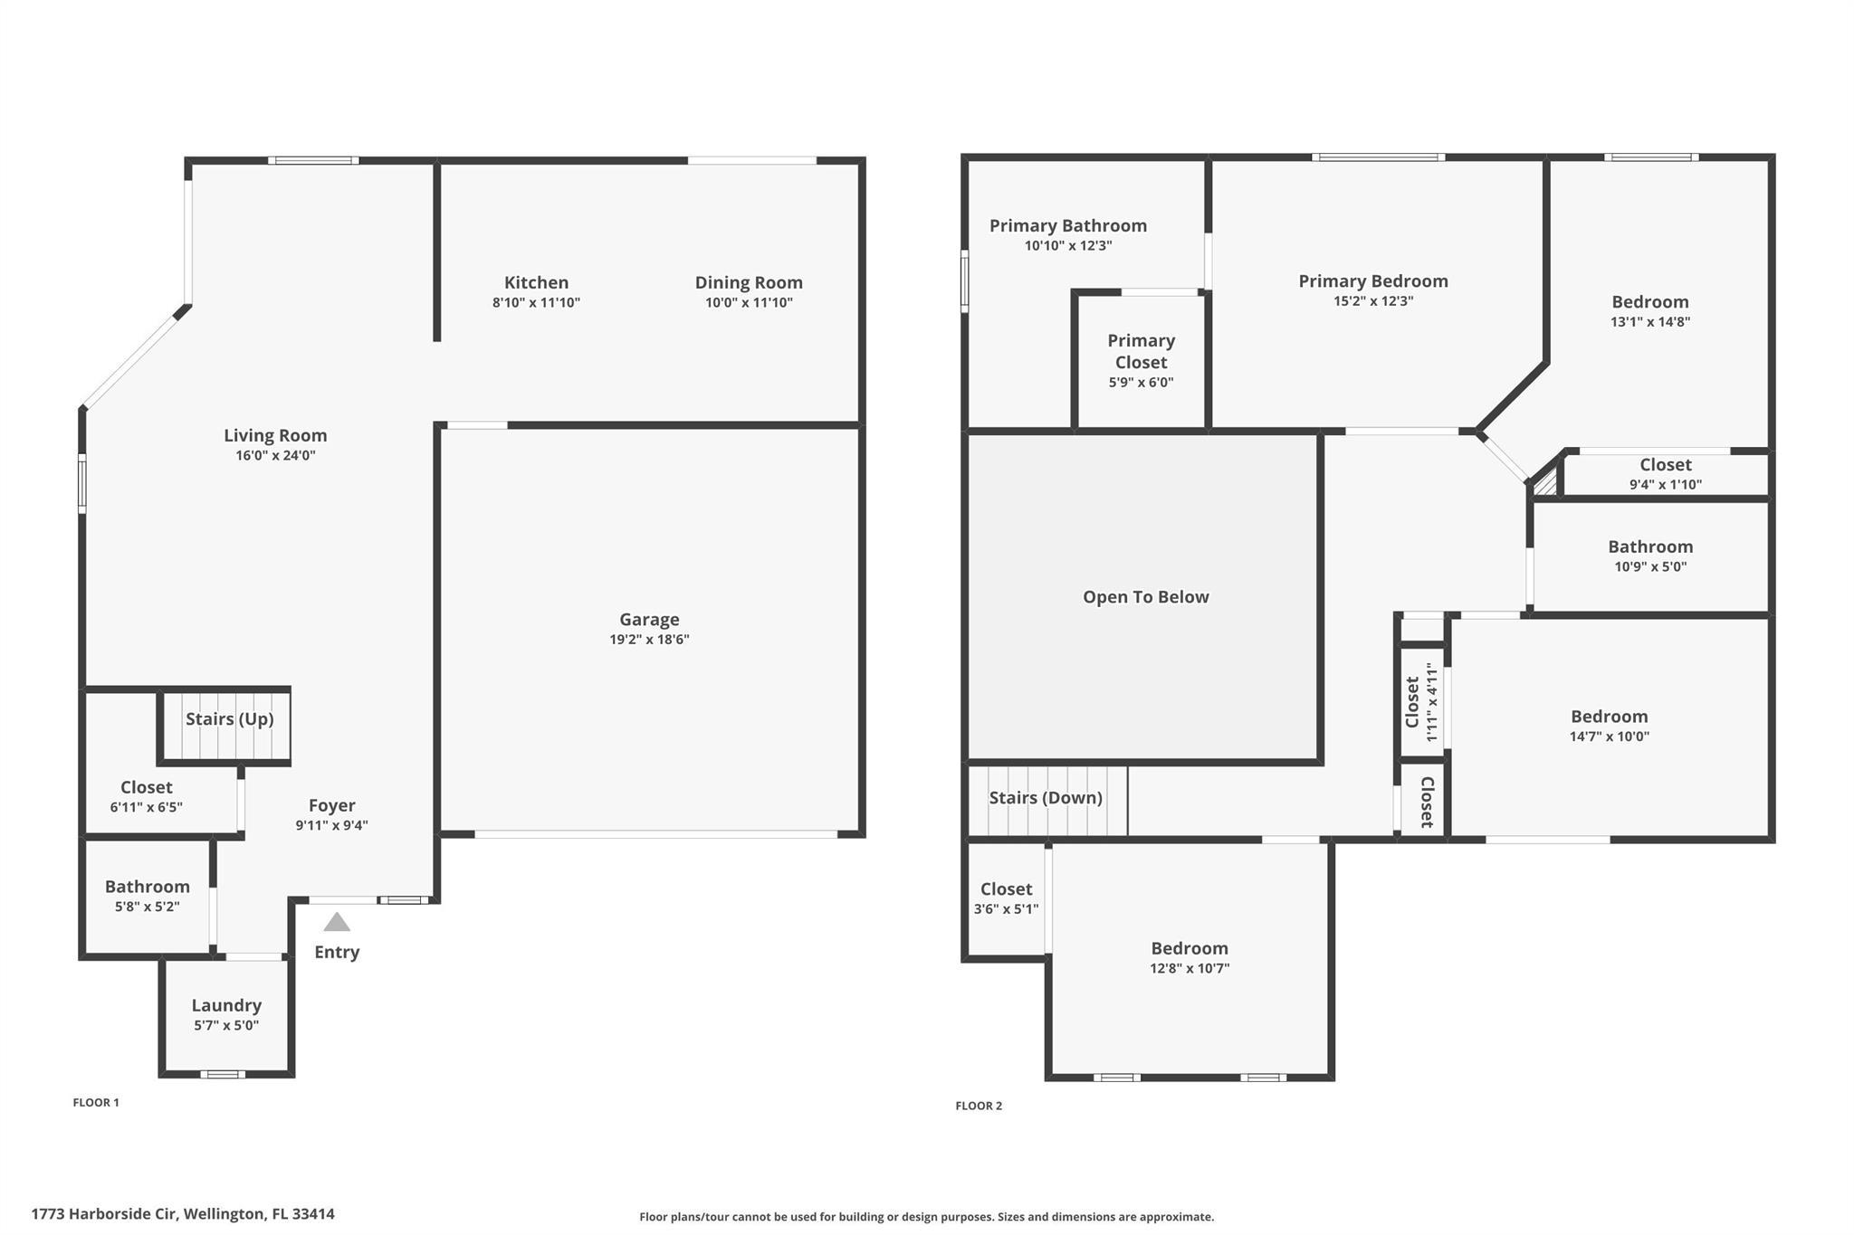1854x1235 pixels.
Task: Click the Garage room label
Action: [x=649, y=620]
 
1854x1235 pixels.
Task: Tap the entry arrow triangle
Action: [x=337, y=922]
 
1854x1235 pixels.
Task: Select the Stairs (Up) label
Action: [x=230, y=719]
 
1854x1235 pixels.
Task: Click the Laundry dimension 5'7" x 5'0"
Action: [x=226, y=1025]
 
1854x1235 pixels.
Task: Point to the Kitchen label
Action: [x=537, y=282]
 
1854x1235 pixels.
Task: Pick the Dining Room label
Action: [x=749, y=283]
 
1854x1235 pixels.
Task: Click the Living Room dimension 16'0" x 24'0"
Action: [x=275, y=455]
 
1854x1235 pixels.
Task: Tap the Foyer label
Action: [x=331, y=806]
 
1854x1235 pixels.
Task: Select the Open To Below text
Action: [x=1146, y=597]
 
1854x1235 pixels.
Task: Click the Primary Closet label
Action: [x=1142, y=351]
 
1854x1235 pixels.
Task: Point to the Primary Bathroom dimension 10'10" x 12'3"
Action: [x=1068, y=245]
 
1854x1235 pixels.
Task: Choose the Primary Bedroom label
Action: [x=1373, y=281]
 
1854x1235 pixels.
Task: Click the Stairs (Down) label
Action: [x=1046, y=798]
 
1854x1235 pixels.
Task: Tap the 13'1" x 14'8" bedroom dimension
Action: [x=1650, y=321]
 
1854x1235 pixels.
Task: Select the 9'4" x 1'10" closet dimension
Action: [x=1666, y=484]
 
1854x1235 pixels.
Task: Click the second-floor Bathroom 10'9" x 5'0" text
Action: [x=1650, y=556]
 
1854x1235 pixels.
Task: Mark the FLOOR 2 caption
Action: [x=979, y=1106]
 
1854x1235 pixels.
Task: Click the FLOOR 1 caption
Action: [x=96, y=1102]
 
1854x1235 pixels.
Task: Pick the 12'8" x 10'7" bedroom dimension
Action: [x=1190, y=968]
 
